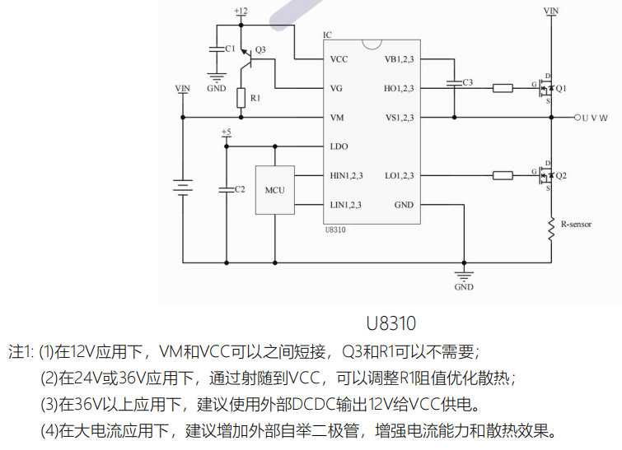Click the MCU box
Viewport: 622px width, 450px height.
[274, 190]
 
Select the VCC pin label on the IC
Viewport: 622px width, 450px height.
[339, 59]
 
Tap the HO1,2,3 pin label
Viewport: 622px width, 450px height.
[400, 88]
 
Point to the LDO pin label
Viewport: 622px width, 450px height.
[339, 146]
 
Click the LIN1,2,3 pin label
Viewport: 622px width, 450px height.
[345, 205]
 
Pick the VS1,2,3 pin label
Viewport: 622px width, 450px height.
[400, 118]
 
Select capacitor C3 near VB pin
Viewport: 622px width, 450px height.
[453, 82]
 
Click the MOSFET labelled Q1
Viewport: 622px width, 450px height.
[545, 88]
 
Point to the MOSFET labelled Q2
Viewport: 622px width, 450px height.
[545, 175]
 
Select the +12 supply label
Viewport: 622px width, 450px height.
[241, 11]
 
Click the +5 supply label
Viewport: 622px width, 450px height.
[227, 132]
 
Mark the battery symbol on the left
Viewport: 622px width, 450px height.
[183, 188]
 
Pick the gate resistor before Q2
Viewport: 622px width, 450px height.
[503, 175]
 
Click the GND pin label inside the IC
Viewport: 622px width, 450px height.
[404, 205]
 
